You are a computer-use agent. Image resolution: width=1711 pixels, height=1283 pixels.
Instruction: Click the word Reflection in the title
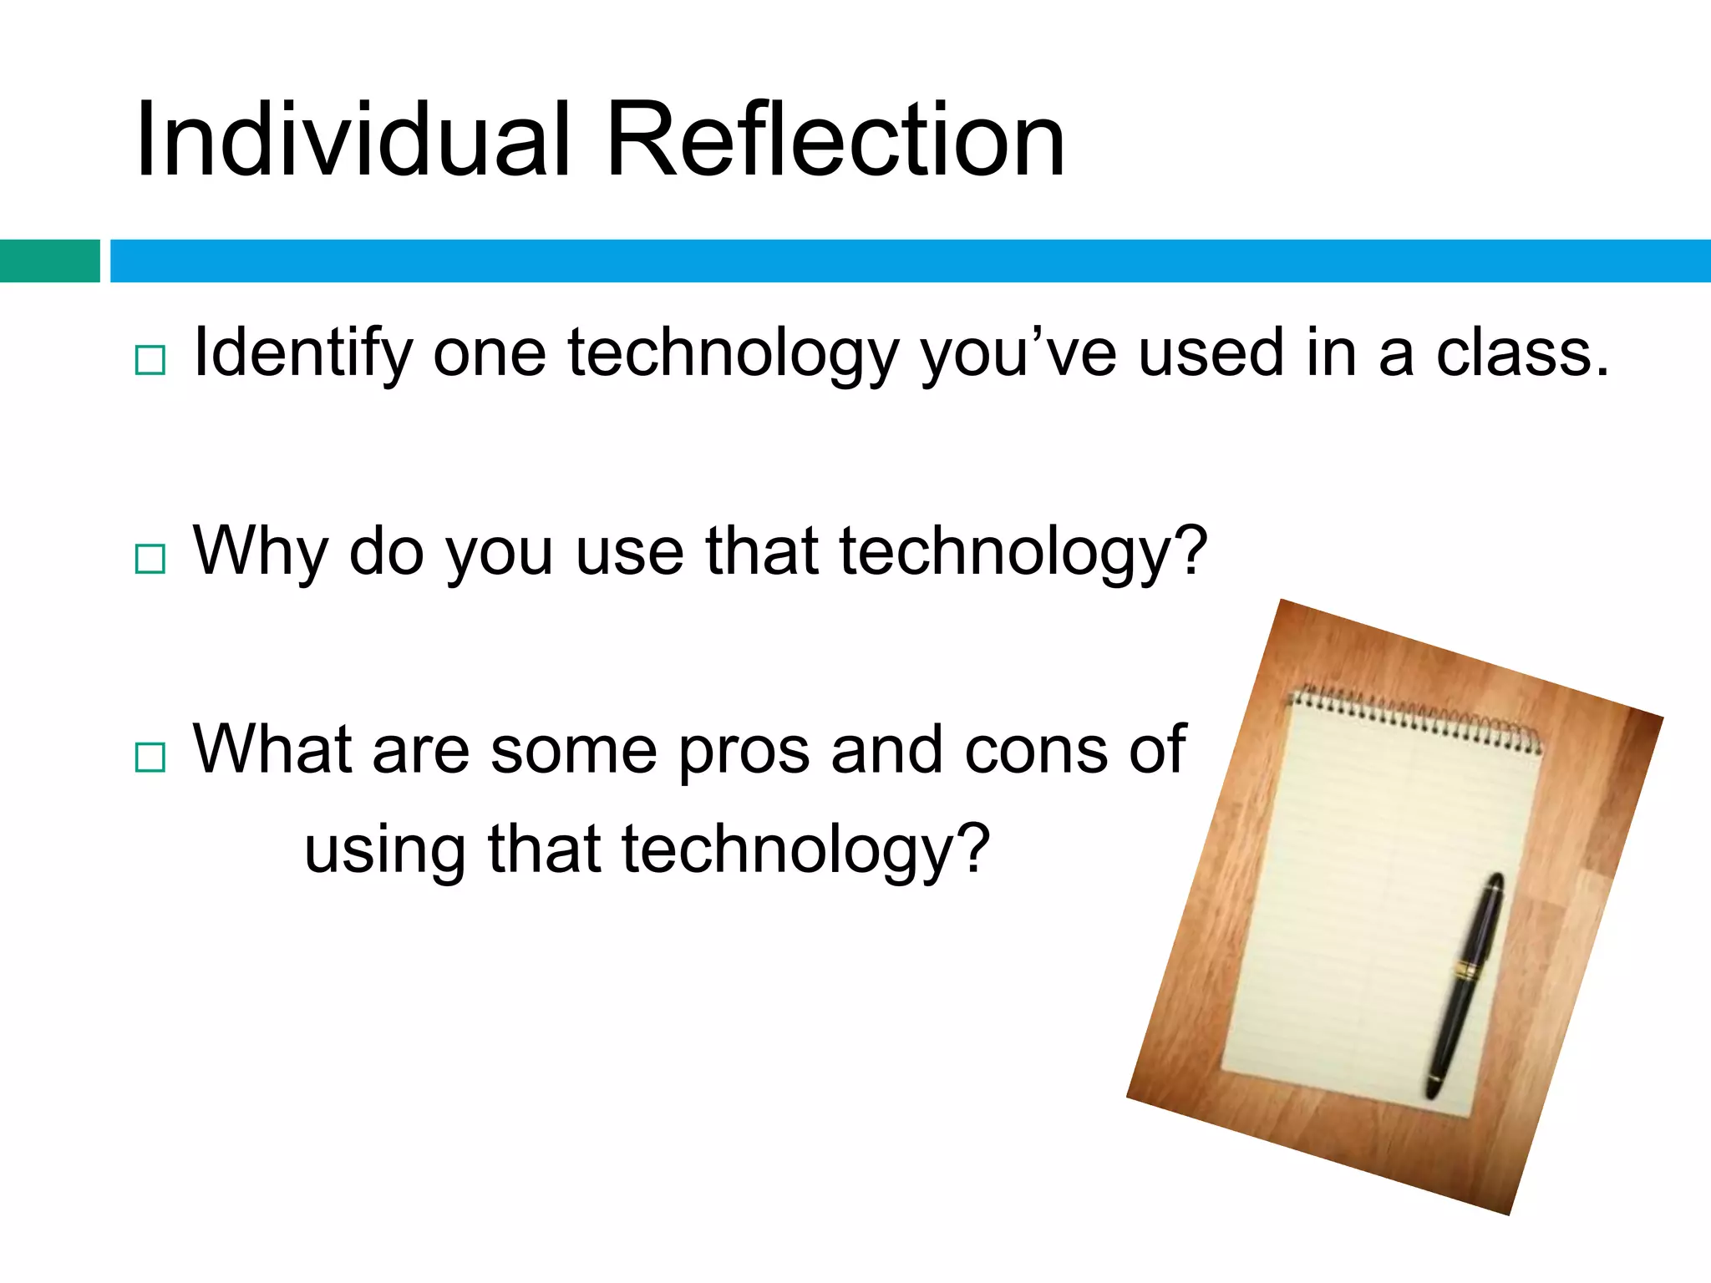[835, 140]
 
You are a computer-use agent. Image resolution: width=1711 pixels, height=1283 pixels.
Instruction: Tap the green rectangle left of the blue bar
[49, 261]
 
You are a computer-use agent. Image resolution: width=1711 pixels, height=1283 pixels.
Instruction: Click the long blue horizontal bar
[911, 261]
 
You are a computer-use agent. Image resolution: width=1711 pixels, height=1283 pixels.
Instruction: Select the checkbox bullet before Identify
[150, 360]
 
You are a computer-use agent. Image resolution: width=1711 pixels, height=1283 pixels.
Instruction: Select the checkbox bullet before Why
[150, 558]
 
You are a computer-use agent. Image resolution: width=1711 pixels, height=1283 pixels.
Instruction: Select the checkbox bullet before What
[150, 757]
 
